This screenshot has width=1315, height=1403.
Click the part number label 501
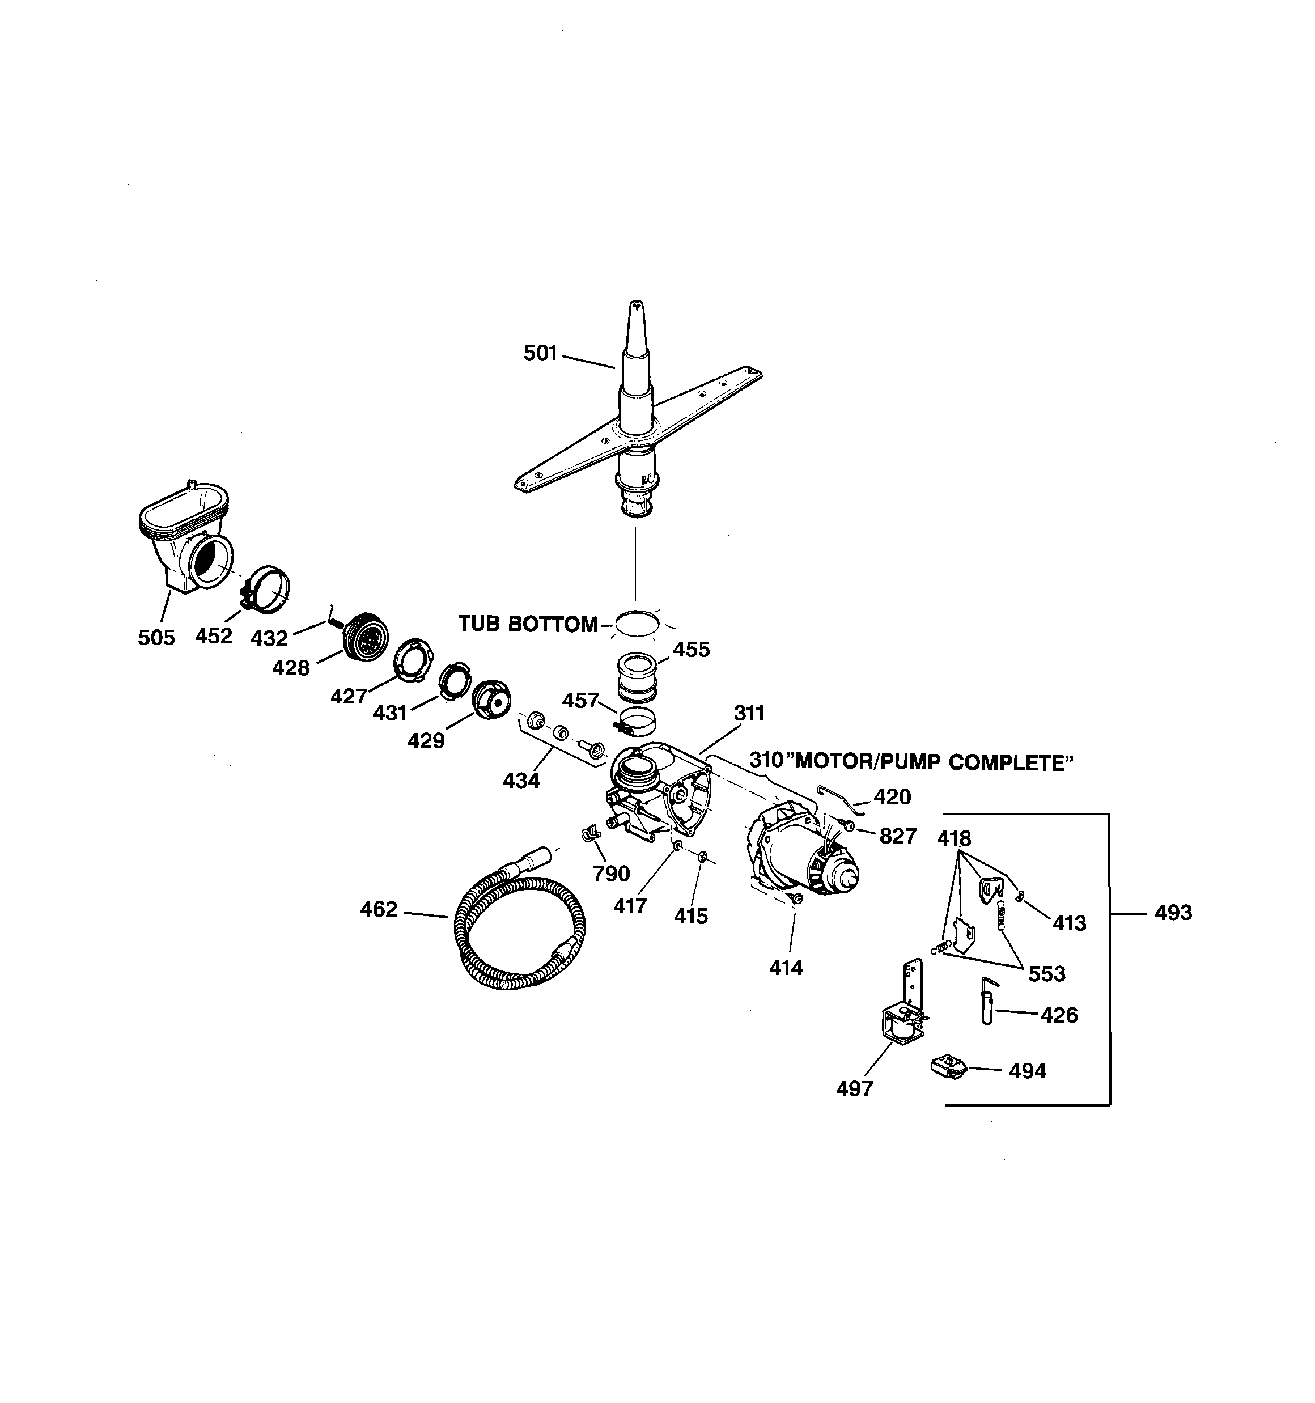pyautogui.click(x=540, y=353)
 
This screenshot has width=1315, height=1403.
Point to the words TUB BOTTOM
pyautogui.click(x=528, y=624)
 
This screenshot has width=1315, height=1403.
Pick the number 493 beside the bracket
pyautogui.click(x=1172, y=913)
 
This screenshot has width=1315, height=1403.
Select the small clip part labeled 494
pyautogui.click(x=948, y=1066)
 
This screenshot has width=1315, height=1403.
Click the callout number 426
pyautogui.click(x=1059, y=1015)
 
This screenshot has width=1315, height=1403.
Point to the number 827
pyautogui.click(x=897, y=836)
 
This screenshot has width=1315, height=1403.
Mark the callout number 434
pyautogui.click(x=521, y=781)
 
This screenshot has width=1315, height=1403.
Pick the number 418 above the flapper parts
pyautogui.click(x=953, y=838)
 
